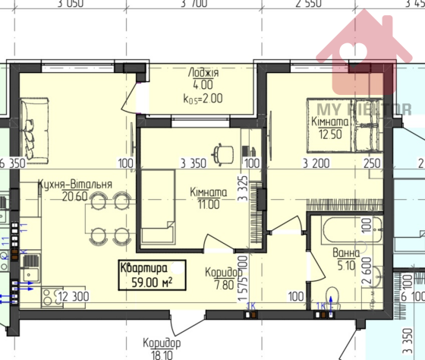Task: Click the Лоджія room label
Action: click(x=203, y=74)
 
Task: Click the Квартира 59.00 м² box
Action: click(x=150, y=274)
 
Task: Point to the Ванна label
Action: click(x=346, y=253)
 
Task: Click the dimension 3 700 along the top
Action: click(x=194, y=5)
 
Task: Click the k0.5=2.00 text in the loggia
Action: click(x=203, y=97)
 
